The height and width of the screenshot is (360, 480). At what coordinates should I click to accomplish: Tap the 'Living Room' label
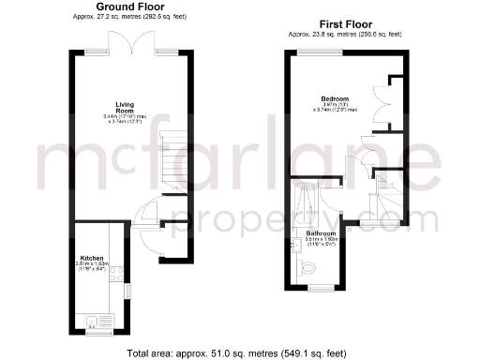tap(126, 107)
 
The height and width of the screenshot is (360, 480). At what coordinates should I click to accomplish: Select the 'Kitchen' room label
tap(92, 256)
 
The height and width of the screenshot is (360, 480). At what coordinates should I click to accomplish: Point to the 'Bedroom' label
tap(334, 98)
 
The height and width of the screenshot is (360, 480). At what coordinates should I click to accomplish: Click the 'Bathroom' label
tap(320, 233)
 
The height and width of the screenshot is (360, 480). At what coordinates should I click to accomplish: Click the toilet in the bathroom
tap(311, 269)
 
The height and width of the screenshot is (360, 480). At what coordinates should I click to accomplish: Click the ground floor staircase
tap(173, 155)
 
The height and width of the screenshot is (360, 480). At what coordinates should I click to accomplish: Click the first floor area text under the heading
tap(345, 34)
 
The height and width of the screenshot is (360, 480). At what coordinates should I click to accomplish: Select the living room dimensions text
tap(126, 119)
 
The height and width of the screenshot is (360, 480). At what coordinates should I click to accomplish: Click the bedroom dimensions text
tap(334, 108)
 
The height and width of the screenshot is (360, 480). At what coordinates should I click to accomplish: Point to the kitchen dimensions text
tap(92, 267)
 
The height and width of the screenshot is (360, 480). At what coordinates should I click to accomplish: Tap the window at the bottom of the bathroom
tap(322, 285)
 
